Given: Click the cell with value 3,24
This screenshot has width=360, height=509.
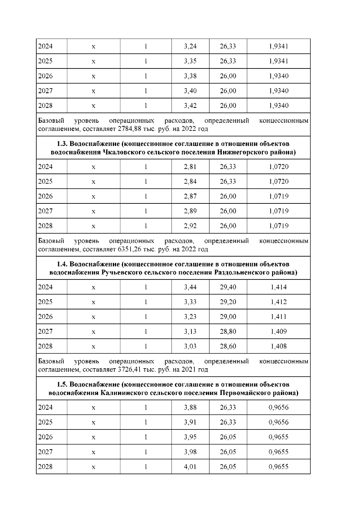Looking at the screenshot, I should tap(190, 46).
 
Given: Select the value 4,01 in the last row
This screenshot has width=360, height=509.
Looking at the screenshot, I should tap(190, 467).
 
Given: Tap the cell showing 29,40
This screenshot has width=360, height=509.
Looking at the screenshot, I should tap(228, 287).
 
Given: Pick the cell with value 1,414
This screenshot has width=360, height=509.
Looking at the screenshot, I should tap(278, 287).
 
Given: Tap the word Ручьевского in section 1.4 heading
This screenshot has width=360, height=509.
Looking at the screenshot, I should tap(121, 273).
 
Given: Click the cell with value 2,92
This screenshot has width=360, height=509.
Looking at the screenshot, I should tap(190, 226).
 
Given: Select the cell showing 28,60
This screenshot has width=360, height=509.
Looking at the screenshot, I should tap(228, 346).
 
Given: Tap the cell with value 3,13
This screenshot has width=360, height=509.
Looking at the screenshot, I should tap(190, 331).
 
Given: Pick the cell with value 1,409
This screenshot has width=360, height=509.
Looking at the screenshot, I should tap(278, 331).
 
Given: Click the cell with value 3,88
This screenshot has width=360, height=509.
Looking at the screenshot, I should tap(190, 407).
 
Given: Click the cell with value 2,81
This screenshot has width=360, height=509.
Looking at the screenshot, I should tap(190, 167).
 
